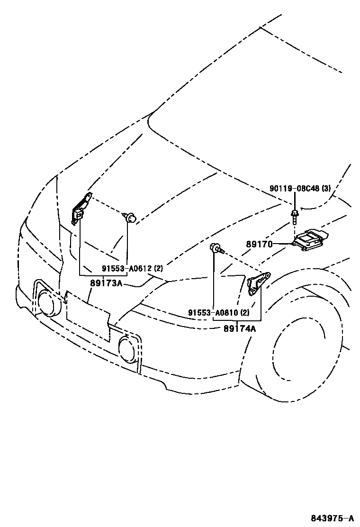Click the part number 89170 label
(x=259, y=245)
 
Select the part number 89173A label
(x=106, y=283)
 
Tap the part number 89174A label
(x=239, y=327)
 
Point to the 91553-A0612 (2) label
(x=131, y=269)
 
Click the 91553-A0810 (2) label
(x=218, y=313)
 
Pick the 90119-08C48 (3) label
(x=300, y=189)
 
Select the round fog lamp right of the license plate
(x=127, y=349)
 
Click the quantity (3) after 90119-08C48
(x=326, y=189)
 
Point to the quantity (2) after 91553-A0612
(x=158, y=269)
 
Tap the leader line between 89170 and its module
(x=283, y=244)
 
